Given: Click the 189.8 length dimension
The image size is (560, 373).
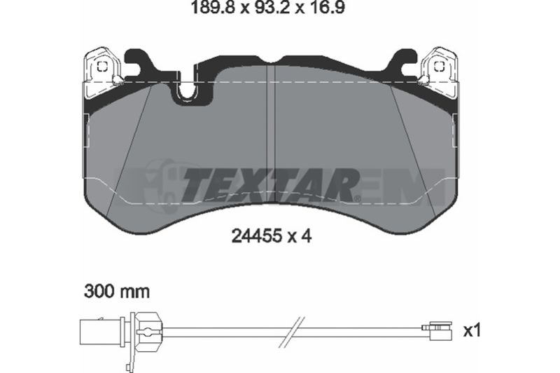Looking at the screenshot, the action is click(x=213, y=8).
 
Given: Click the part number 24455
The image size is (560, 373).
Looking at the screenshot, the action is click(x=255, y=236).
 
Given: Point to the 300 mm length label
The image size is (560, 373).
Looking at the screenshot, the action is click(x=117, y=292).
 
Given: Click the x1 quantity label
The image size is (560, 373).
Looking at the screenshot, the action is click(x=472, y=331).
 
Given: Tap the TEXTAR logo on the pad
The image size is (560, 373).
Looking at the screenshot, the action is click(x=270, y=185).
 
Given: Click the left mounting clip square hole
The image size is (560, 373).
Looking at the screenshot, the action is click(x=102, y=67).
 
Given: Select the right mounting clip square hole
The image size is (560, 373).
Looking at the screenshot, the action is click(x=439, y=67).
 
